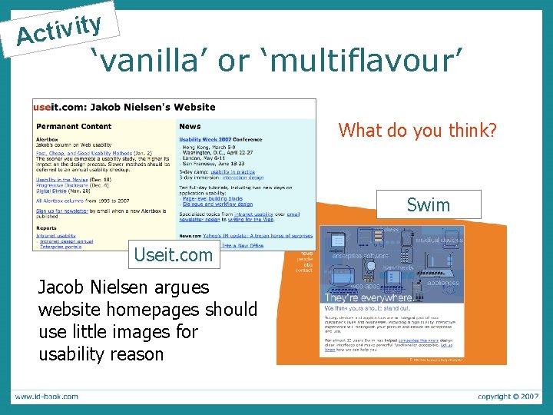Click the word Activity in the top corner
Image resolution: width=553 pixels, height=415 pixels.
(x=59, y=29)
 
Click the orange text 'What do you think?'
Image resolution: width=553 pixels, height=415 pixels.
(x=417, y=131)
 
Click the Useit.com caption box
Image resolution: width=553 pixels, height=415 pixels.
(x=173, y=255)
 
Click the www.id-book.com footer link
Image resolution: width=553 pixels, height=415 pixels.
(x=45, y=397)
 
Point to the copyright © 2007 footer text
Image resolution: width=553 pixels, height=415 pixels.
(x=507, y=397)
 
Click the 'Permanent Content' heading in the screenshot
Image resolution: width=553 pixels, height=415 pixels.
(x=74, y=126)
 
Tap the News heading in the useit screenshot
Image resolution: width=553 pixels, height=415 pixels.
(x=190, y=126)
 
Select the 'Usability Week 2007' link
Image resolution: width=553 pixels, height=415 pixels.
(x=210, y=139)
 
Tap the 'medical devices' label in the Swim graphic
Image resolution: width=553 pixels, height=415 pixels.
(x=438, y=240)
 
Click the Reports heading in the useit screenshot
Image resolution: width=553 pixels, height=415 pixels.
(x=46, y=227)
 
